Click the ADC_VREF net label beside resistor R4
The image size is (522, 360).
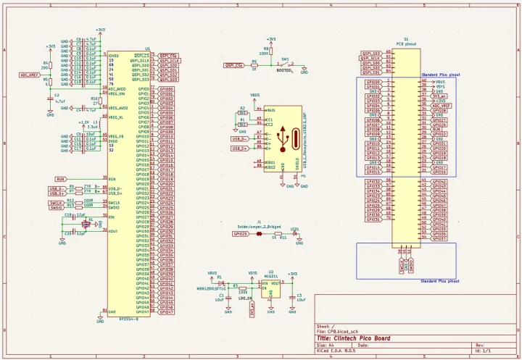coord(28,75)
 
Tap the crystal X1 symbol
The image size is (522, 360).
coord(85,224)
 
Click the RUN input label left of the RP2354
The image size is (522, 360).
coord(61,178)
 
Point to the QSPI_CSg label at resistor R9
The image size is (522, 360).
coord(234,64)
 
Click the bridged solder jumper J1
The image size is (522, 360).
coord(259,234)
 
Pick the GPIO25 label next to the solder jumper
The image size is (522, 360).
coord(241,234)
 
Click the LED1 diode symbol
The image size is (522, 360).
coord(294,234)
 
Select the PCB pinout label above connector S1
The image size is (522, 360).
coord(405,44)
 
